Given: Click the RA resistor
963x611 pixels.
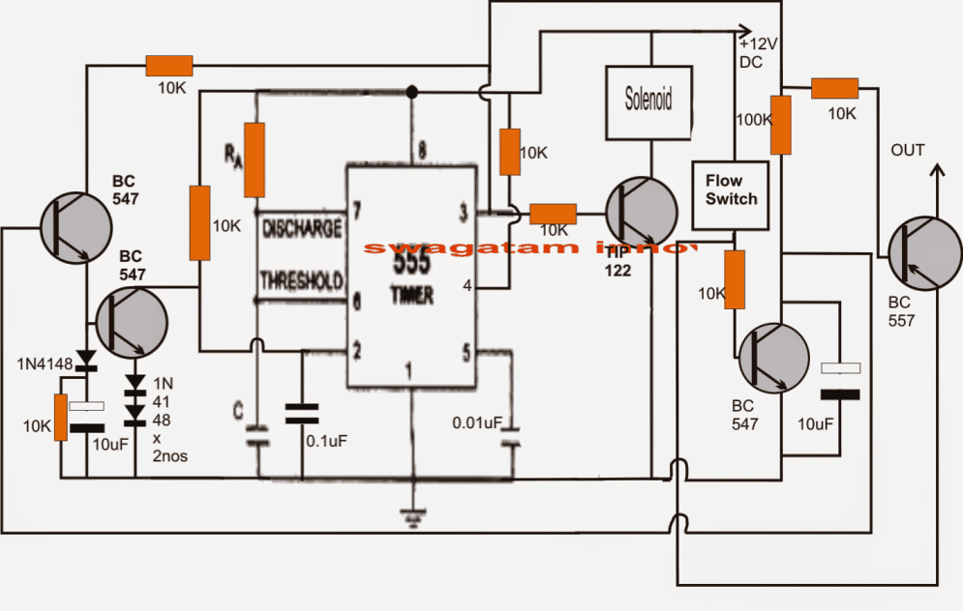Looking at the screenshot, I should (x=255, y=158).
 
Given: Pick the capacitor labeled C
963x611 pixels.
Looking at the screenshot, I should (x=257, y=432).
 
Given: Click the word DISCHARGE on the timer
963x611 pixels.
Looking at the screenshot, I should (x=302, y=230).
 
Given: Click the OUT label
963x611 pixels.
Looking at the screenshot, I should (x=908, y=150).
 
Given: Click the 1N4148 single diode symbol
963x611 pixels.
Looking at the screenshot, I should (x=87, y=361).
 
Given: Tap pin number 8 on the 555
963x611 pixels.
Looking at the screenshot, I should (x=422, y=150).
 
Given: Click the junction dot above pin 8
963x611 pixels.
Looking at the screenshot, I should (x=412, y=92).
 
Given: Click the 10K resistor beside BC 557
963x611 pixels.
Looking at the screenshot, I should (x=833, y=89).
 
